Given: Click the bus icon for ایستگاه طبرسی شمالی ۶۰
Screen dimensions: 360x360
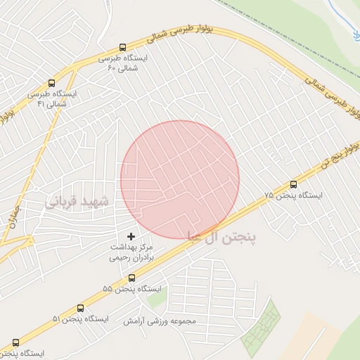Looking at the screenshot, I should coord(124,48).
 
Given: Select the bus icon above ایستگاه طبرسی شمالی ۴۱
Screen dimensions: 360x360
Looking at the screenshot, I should coord(51,82).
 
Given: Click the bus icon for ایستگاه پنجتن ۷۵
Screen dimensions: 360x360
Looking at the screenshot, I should coord(293,184).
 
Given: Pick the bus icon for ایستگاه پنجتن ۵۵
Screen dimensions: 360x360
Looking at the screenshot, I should coord(131,278).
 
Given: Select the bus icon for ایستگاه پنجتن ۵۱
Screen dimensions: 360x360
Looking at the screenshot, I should coord(79,308).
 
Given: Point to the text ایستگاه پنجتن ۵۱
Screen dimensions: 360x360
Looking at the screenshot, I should coord(80,319).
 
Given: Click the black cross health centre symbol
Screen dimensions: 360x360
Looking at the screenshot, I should coord(130,236).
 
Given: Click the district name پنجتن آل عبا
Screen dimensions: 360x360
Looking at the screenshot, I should coord(221,237).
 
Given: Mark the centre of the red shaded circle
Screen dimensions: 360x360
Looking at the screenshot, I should coord(180,179).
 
